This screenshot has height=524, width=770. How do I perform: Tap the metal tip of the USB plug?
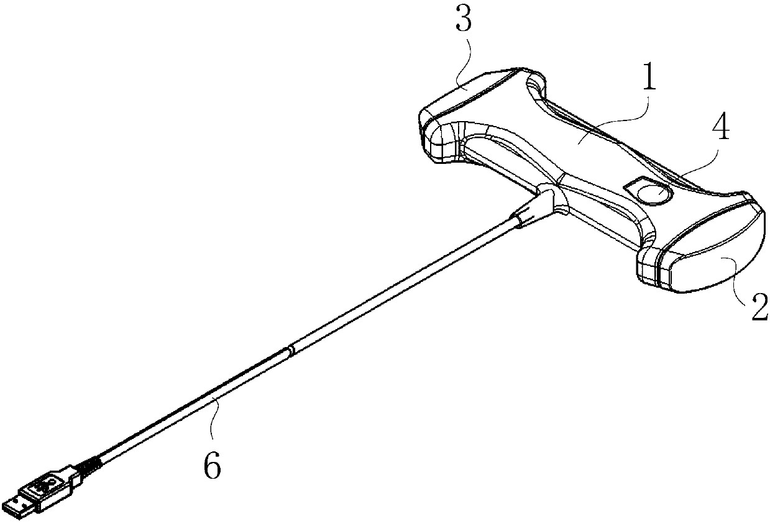[17, 504]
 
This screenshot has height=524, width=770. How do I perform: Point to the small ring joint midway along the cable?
[289, 351]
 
